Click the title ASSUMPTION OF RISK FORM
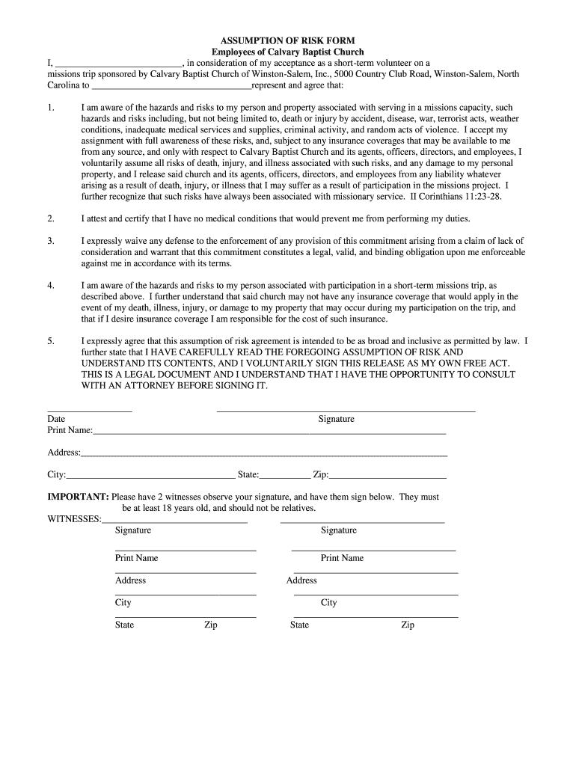(x=287, y=40)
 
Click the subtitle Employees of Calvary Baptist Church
(x=287, y=52)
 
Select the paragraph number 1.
(x=51, y=108)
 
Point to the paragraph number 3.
(x=51, y=241)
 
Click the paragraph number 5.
(x=51, y=341)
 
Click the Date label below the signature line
(x=56, y=420)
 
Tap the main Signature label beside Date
(x=336, y=420)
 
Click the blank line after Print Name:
(x=269, y=432)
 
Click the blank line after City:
(x=150, y=476)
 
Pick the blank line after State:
(x=285, y=476)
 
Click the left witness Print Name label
(x=136, y=558)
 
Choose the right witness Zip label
(x=408, y=625)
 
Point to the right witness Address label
(x=301, y=580)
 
